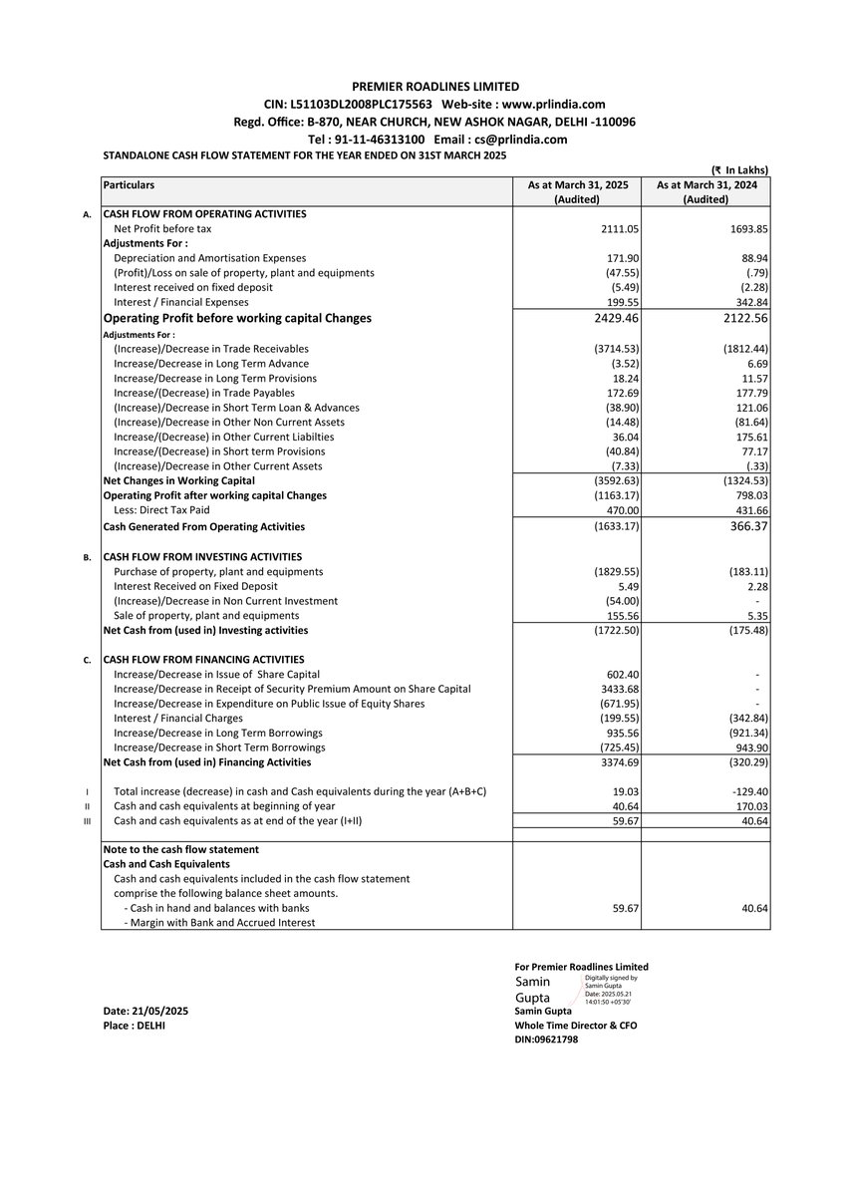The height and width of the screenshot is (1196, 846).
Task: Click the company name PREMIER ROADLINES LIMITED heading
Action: pos(435,87)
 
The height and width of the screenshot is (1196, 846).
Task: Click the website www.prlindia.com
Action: pos(553,104)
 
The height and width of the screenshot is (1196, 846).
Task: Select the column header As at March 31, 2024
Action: pos(705,185)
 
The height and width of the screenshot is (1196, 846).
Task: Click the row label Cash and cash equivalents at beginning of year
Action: pos(224,805)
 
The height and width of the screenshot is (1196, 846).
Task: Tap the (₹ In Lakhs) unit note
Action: pos(738,170)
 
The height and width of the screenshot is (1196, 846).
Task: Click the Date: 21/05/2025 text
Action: pos(145,1011)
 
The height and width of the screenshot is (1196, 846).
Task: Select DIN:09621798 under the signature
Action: pos(546,1039)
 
